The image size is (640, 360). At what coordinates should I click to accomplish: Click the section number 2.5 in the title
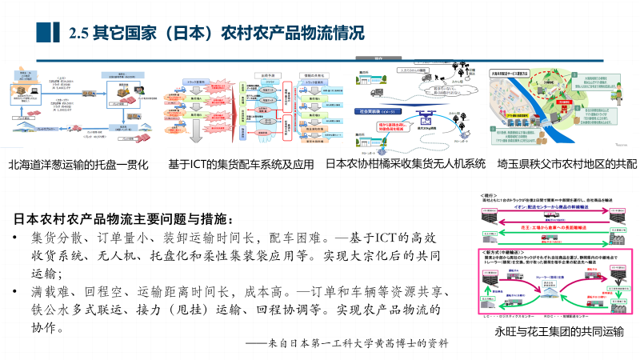click(x=79, y=34)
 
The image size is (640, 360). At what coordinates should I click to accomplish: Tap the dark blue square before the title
click(x=50, y=33)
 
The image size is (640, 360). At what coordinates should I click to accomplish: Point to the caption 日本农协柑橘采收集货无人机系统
click(x=406, y=164)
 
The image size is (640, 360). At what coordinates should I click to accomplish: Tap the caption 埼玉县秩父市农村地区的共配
click(x=566, y=164)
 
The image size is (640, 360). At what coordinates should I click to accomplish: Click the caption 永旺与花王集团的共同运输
click(x=560, y=331)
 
